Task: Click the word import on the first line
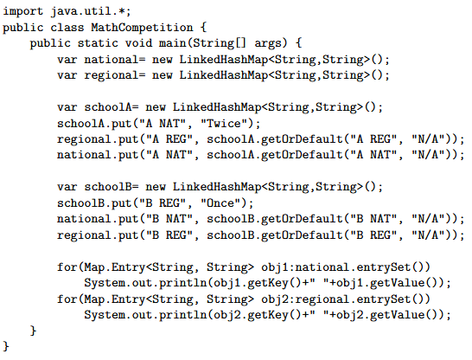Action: [x=22, y=12]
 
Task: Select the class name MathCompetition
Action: [x=142, y=28]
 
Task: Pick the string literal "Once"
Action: [x=221, y=202]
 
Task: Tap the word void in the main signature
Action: [x=139, y=43]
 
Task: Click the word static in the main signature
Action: [x=98, y=43]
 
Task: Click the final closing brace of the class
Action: [x=6, y=346]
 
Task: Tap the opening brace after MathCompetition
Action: [x=203, y=28]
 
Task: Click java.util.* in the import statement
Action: [x=91, y=11]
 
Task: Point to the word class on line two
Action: [x=67, y=28]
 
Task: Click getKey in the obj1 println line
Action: [x=268, y=284]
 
